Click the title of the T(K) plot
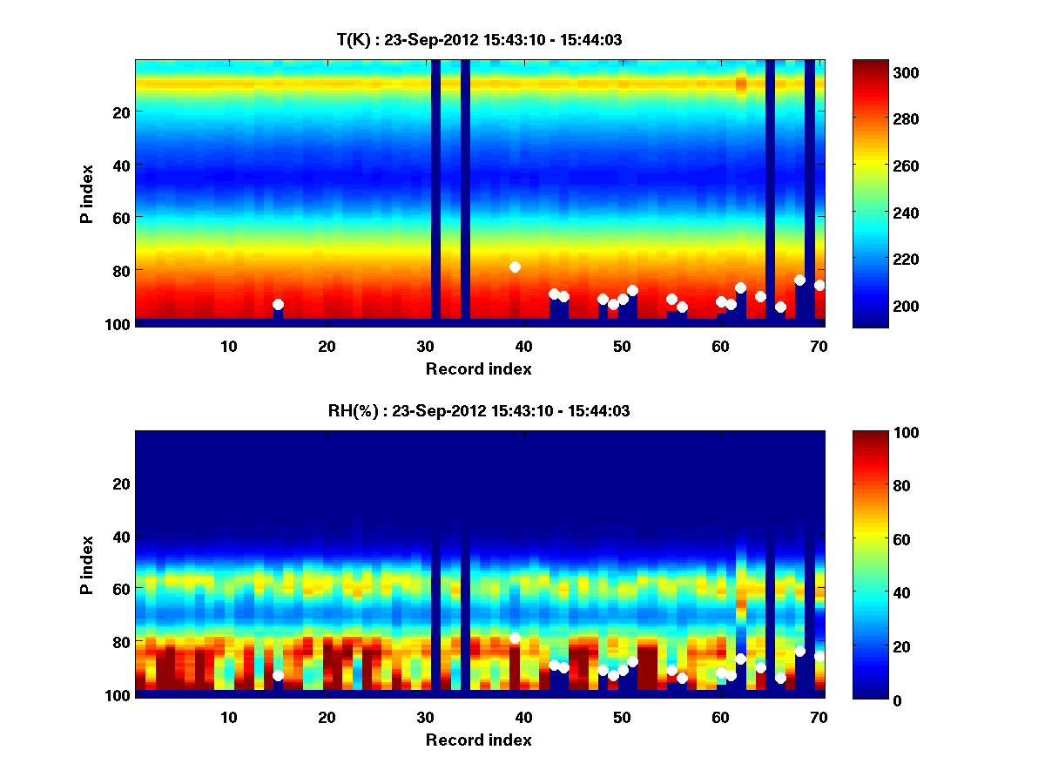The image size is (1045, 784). pos(479,39)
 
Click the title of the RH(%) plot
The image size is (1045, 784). pos(479,411)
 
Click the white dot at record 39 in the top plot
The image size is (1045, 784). pos(515,267)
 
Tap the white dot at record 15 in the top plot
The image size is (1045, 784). pos(278,304)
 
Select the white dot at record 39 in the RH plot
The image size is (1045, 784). pos(515,638)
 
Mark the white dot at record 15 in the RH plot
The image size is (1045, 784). pos(278,675)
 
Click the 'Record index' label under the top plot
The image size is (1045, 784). pos(479,368)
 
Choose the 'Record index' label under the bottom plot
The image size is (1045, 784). pos(479,740)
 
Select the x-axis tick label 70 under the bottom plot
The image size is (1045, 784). pos(819,717)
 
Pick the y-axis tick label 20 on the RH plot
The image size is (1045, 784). pos(122,483)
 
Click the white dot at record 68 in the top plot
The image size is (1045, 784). pos(799,280)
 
